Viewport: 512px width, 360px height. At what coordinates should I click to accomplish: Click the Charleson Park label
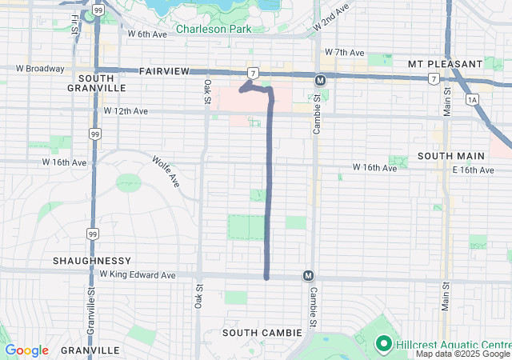(x=214, y=29)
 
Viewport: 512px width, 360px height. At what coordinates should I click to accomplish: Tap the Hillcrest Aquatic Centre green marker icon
(x=382, y=344)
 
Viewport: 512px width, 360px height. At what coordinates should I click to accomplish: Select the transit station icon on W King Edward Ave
(x=308, y=275)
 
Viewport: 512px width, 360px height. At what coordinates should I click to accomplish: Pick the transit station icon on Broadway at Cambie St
(x=319, y=80)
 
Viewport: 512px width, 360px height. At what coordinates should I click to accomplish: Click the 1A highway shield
(x=471, y=99)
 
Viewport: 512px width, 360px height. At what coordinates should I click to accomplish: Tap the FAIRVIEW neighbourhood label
(x=163, y=71)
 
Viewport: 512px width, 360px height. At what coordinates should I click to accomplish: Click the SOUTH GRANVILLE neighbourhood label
(x=102, y=82)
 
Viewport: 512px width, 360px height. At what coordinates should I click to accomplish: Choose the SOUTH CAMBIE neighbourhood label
(x=262, y=332)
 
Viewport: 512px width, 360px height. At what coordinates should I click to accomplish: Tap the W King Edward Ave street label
(x=137, y=274)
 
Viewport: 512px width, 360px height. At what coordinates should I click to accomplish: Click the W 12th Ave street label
(x=126, y=110)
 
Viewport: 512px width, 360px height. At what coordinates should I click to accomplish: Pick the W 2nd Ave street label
(x=331, y=17)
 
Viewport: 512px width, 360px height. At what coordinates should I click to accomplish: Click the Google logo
(x=27, y=350)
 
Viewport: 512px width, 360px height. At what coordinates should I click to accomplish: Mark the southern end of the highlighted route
(x=266, y=278)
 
